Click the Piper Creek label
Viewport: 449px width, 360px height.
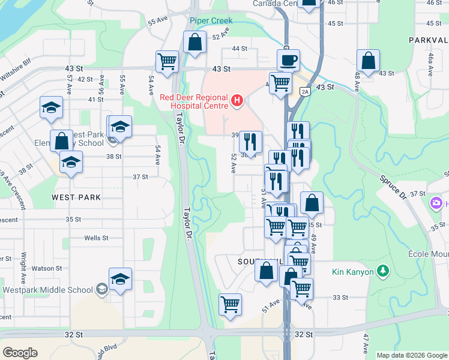pos(211,20)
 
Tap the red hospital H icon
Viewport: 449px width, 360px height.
pos(237,101)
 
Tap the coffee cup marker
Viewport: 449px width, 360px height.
pos(288,60)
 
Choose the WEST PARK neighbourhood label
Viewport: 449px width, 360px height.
pos(76,197)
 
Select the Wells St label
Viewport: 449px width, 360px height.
pos(96,238)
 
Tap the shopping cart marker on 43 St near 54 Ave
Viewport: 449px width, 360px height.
pos(167,61)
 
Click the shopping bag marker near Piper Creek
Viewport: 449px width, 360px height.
pos(194,42)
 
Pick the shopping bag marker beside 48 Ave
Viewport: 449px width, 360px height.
pos(368,60)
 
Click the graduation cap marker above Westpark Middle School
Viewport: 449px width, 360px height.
pos(120,278)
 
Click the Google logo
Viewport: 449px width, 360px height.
pos(20,352)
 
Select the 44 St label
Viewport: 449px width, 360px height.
pos(240,48)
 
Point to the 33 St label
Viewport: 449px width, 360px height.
pos(340,297)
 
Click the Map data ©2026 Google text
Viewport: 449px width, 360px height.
pos(412,355)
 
